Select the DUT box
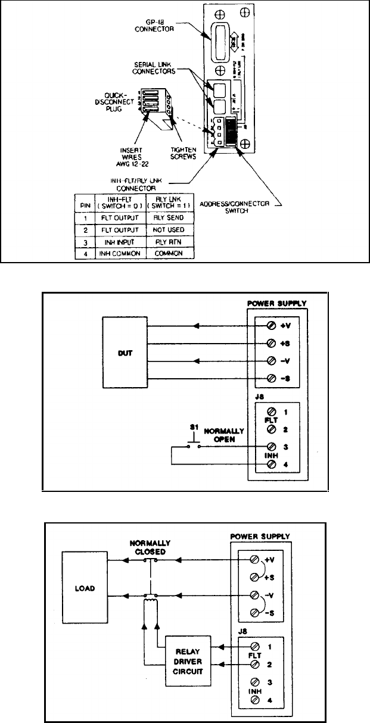coord(125,352)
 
